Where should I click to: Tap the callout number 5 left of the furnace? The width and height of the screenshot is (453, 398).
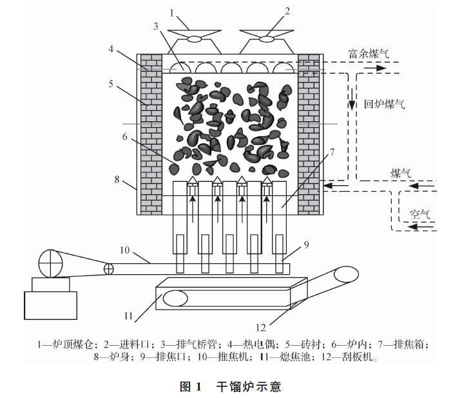click(x=111, y=83)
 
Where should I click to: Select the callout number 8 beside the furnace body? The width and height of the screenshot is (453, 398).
click(x=117, y=179)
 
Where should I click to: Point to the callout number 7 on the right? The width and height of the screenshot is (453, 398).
click(x=332, y=152)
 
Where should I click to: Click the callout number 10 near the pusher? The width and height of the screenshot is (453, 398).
click(x=126, y=250)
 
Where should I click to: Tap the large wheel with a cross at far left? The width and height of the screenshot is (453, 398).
click(x=50, y=263)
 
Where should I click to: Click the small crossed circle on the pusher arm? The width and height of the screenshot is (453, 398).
click(x=109, y=268)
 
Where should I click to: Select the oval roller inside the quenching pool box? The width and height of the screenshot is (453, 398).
click(x=174, y=299)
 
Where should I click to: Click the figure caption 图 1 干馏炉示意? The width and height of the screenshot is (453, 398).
click(x=230, y=387)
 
